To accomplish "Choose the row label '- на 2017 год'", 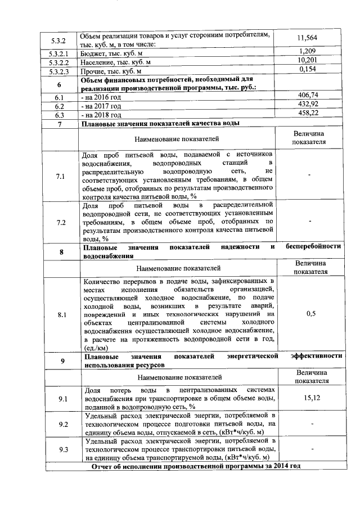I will [102, 106].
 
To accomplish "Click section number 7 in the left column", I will [59, 124].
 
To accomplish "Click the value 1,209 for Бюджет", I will [308, 52].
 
